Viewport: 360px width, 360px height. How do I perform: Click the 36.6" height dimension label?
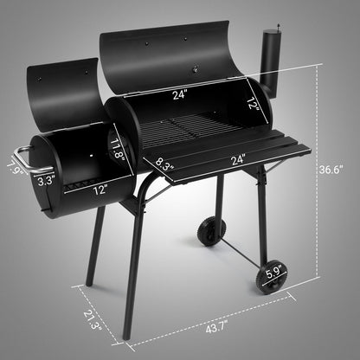338,170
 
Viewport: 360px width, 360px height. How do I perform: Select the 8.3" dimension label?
169,160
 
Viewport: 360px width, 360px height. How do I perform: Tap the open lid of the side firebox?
70,92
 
